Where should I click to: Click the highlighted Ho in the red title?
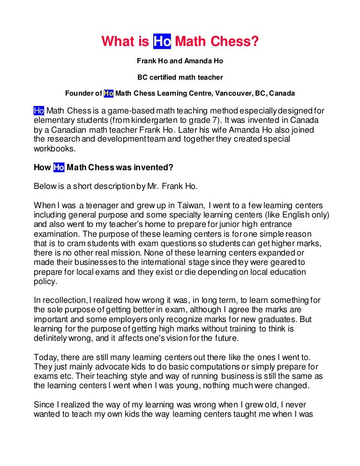pyautogui.click(x=162, y=42)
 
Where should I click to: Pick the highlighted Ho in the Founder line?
pyautogui.click(x=109, y=93)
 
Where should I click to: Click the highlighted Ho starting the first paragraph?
pyautogui.click(x=39, y=111)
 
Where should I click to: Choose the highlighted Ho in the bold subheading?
pyautogui.click(x=59, y=167)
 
